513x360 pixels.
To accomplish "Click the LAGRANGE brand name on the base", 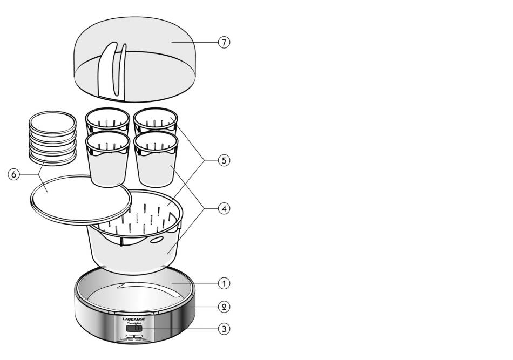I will coord(133,319).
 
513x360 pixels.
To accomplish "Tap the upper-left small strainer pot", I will coord(108,122).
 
